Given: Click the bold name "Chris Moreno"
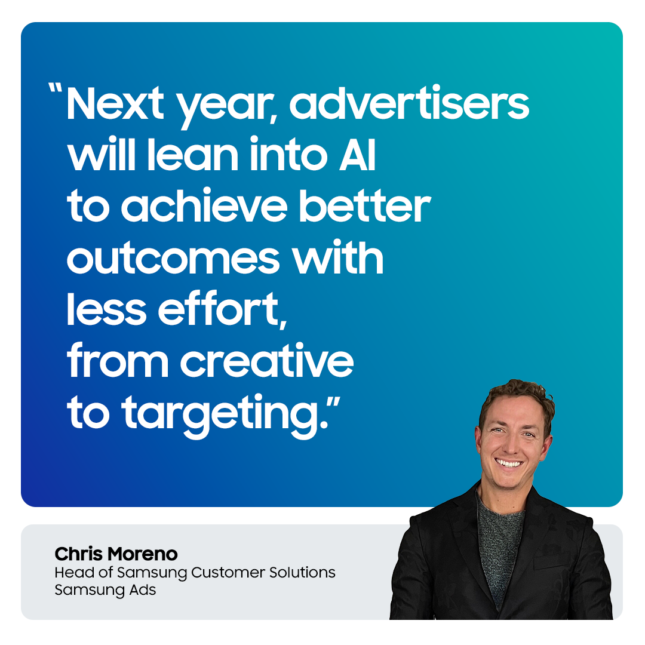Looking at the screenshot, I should pos(116,554).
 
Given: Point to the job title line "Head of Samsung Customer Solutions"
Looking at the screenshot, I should pos(195,572).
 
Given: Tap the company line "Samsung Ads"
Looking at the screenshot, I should pos(105,590).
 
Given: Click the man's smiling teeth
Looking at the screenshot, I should pos(509,463).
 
